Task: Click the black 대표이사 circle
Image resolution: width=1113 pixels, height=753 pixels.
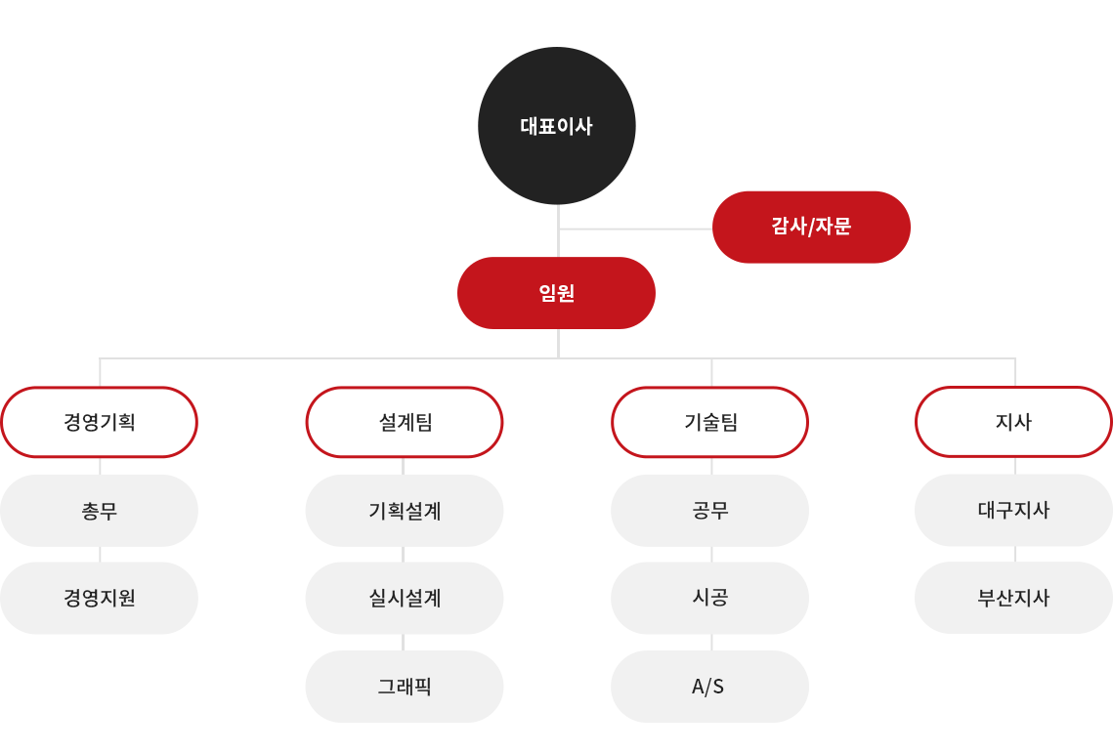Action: click(557, 126)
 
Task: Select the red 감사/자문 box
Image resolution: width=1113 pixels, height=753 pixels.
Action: click(811, 228)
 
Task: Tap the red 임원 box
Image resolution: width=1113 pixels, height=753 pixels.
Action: click(557, 293)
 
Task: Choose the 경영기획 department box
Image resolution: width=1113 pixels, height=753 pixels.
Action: click(100, 422)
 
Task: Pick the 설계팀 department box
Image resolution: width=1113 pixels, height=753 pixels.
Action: click(405, 422)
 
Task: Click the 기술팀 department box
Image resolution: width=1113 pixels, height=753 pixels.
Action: click(709, 422)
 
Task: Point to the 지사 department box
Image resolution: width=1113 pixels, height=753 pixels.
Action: click(1013, 422)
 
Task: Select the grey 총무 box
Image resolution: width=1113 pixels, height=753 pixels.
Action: click(100, 511)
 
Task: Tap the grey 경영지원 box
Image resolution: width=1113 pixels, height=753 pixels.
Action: click(100, 599)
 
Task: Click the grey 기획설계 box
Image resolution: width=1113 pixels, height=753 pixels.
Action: click(405, 511)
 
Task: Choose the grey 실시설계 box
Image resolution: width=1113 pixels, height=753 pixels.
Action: click(405, 599)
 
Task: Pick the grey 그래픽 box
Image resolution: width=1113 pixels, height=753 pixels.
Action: click(405, 687)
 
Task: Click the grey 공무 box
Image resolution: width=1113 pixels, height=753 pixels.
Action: click(709, 511)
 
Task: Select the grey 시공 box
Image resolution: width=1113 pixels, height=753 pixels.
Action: click(709, 599)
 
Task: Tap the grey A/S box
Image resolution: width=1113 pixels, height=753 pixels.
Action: click(709, 687)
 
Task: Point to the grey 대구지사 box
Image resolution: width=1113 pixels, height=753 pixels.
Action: click(1013, 510)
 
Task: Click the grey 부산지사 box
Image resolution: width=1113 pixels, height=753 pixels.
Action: click(1013, 598)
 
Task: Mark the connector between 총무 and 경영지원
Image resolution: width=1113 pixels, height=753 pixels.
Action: click(100, 555)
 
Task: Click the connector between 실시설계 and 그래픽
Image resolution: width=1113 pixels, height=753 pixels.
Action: click(404, 643)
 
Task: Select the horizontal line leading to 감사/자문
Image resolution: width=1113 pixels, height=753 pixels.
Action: click(635, 230)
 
